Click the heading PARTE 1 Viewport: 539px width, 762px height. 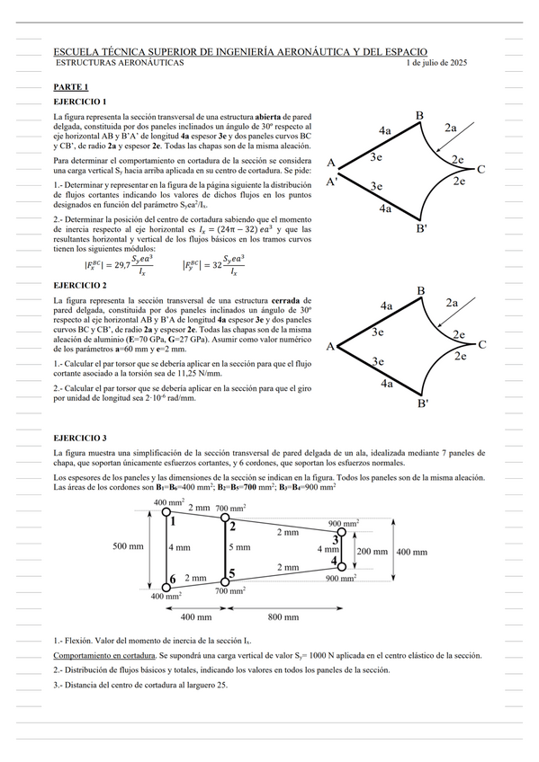pos(71,87)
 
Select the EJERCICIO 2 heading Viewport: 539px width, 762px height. pos(80,285)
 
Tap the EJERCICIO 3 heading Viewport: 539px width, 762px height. pos(80,438)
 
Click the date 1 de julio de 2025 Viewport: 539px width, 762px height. pos(436,63)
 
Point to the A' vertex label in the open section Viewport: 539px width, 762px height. pos(332,182)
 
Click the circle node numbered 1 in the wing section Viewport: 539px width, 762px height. pos(166,511)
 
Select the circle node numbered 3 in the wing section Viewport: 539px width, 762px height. pos(342,532)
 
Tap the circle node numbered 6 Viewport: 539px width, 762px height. pos(166,587)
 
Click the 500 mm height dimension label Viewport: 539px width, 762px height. pos(129,546)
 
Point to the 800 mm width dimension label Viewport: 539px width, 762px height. pos(283,617)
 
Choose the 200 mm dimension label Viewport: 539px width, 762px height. pos(373,552)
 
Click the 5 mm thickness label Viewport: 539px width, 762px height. pos(240,547)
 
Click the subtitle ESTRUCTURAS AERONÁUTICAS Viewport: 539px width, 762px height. pos(120,63)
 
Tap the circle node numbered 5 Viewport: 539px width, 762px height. pos(225,581)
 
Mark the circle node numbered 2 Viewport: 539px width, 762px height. pos(225,518)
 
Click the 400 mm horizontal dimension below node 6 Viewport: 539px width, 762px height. pos(196,617)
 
